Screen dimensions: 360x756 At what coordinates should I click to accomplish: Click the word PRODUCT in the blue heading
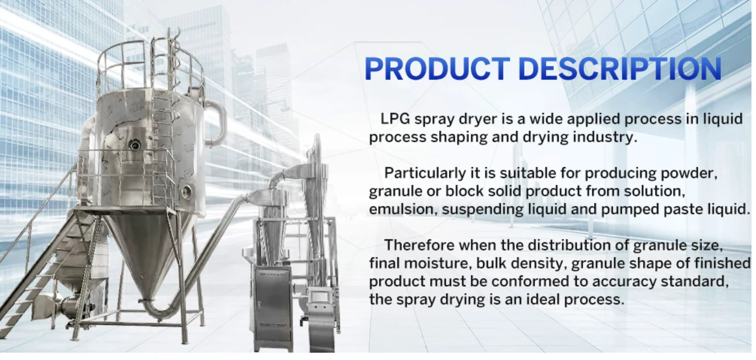[437, 69]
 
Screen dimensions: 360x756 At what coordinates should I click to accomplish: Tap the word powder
[686, 173]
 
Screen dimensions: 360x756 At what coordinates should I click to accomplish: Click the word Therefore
[420, 245]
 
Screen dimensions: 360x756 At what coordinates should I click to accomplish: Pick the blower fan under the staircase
[66, 306]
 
